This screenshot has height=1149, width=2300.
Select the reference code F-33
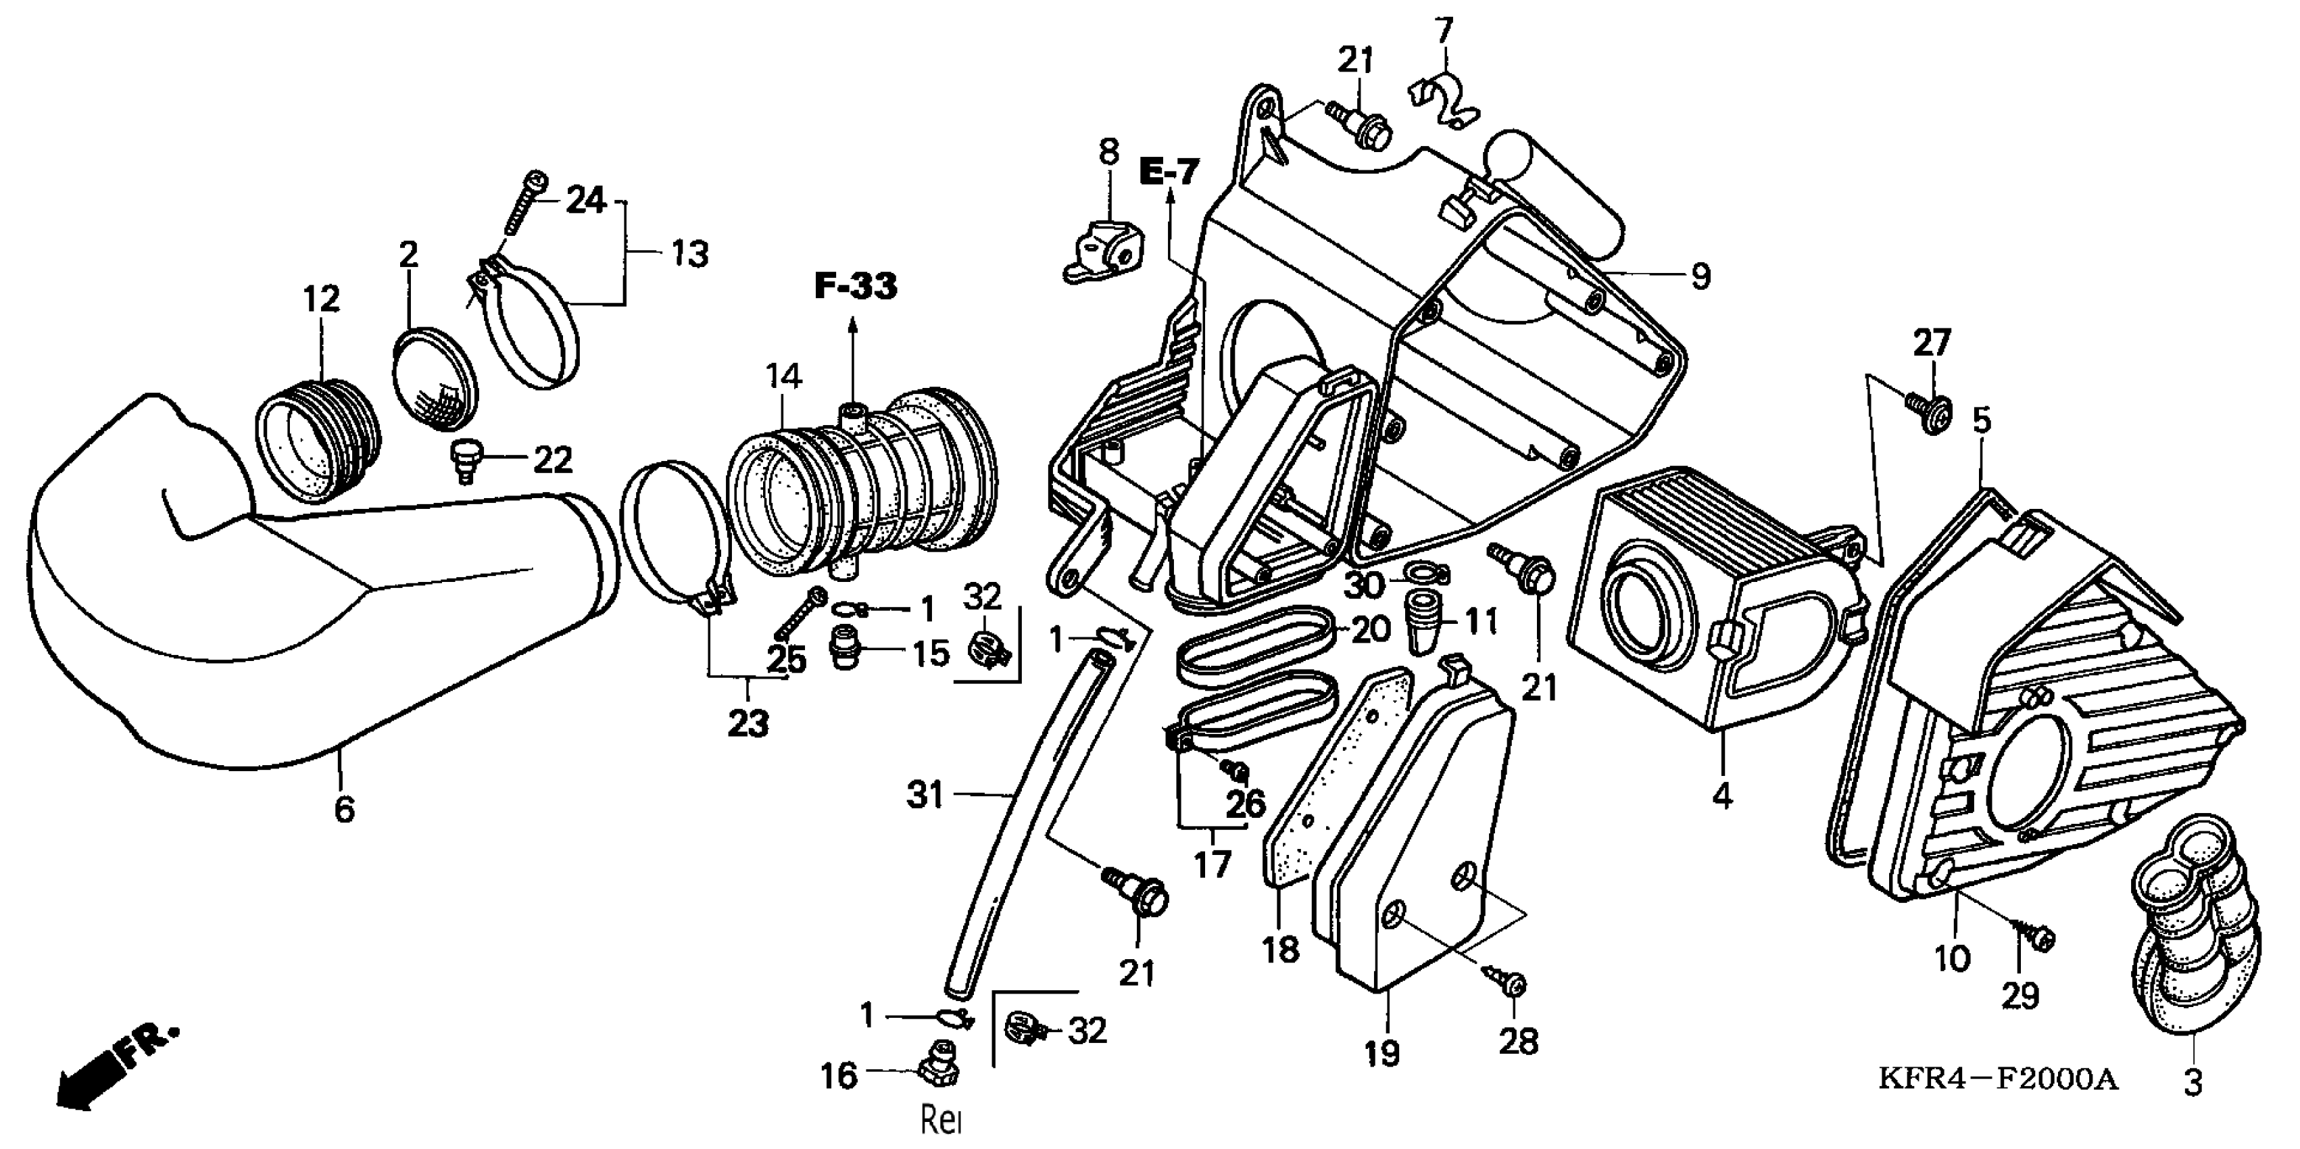point(854,287)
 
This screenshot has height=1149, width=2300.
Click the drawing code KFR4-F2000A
point(1997,1079)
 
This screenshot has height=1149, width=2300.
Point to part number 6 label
point(345,809)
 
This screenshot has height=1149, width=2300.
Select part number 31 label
point(925,793)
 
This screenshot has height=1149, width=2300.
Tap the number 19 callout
point(1382,1054)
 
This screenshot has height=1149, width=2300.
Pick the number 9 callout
point(1700,276)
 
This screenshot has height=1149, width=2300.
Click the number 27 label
point(1931,343)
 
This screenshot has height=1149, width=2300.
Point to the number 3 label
point(2193,1083)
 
